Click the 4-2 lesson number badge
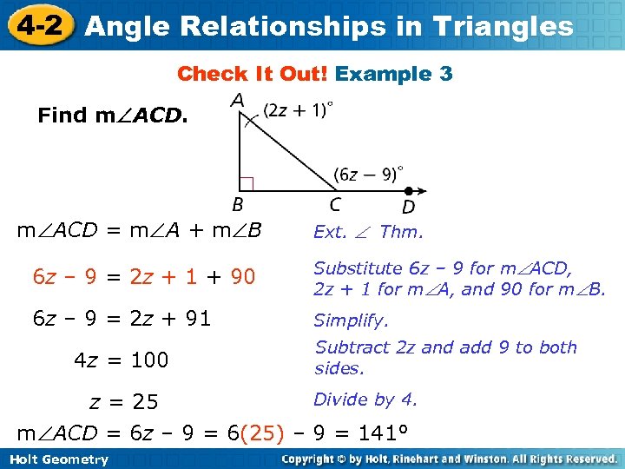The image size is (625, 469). click(36, 24)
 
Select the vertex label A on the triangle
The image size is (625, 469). click(237, 102)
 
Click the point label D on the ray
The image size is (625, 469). click(408, 207)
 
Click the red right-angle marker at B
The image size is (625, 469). click(246, 183)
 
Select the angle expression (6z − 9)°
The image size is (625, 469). click(369, 173)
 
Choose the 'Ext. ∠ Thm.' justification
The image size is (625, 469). click(368, 232)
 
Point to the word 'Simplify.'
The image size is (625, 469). click(351, 320)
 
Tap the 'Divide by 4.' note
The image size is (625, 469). click(365, 400)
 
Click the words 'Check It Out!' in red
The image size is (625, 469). click(252, 74)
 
